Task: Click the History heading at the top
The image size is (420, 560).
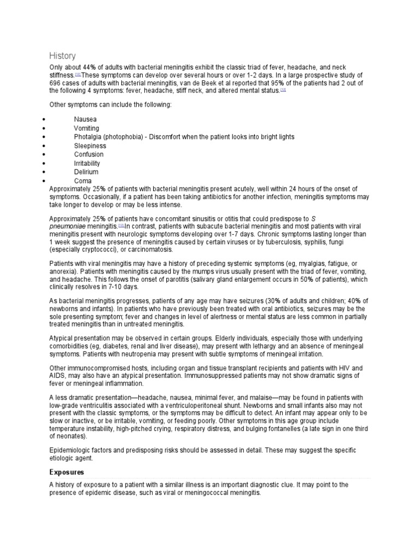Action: coord(62,56)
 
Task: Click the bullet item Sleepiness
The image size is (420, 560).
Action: coord(90,146)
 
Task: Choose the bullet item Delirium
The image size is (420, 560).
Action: coord(86,172)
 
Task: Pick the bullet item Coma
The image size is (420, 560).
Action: coord(83,180)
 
